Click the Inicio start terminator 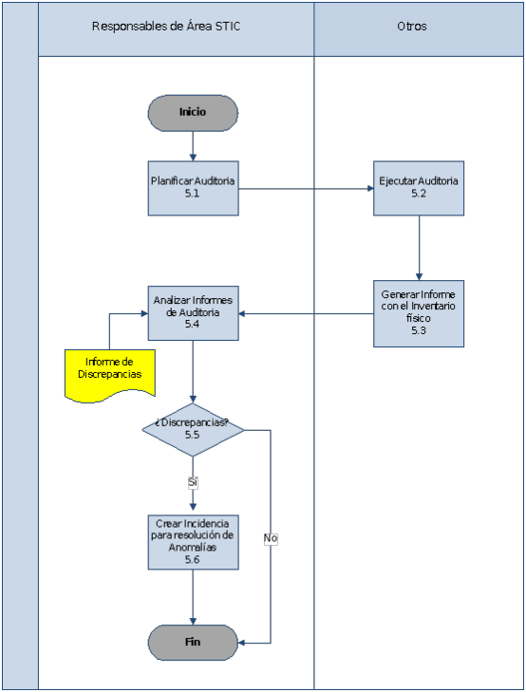[x=193, y=113]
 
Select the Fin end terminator [x=193, y=643]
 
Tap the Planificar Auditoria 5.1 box [x=194, y=189]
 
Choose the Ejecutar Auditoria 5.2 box [x=419, y=189]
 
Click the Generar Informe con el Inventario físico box [x=419, y=314]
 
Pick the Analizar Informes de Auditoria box [x=194, y=313]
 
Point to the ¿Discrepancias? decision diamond [x=193, y=430]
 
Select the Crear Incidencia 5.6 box [x=194, y=542]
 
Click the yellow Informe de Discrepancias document [x=110, y=375]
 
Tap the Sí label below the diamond [x=193, y=482]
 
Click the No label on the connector [x=271, y=538]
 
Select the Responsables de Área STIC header [x=166, y=27]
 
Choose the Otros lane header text [x=412, y=27]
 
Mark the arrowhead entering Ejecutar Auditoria [x=370, y=189]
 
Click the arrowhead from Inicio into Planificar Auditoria [x=193, y=158]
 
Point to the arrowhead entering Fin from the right [x=242, y=643]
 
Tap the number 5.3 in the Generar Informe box [x=419, y=330]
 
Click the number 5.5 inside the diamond [x=193, y=435]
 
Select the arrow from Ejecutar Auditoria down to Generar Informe [x=420, y=248]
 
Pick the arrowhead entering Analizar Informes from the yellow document [x=144, y=314]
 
